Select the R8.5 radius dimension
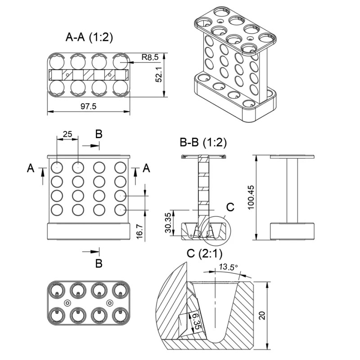coord(149,57)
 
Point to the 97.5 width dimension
coord(88,107)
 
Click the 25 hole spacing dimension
coord(67,134)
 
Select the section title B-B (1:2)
coord(203,143)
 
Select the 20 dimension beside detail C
coord(262,315)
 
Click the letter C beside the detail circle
coord(230,207)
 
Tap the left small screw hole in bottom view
coord(67,303)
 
